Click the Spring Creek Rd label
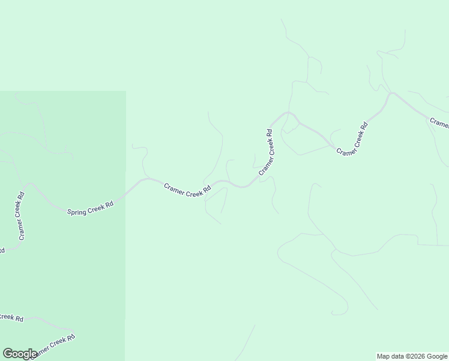[x=90, y=208]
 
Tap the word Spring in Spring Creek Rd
[x=76, y=211]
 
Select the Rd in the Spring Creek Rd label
[x=109, y=205]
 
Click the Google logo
[x=19, y=354]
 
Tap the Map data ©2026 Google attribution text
[x=412, y=356]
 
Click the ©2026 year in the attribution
[x=414, y=356]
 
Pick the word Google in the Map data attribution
[x=437, y=356]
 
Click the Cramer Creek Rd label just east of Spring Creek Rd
[x=187, y=188]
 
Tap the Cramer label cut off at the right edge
[x=439, y=123]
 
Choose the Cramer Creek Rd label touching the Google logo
[x=55, y=345]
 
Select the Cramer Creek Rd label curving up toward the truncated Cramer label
[x=352, y=140]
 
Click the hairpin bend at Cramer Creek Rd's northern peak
[x=289, y=113]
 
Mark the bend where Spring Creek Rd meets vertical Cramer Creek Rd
[x=29, y=185]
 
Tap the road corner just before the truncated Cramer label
[x=391, y=93]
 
